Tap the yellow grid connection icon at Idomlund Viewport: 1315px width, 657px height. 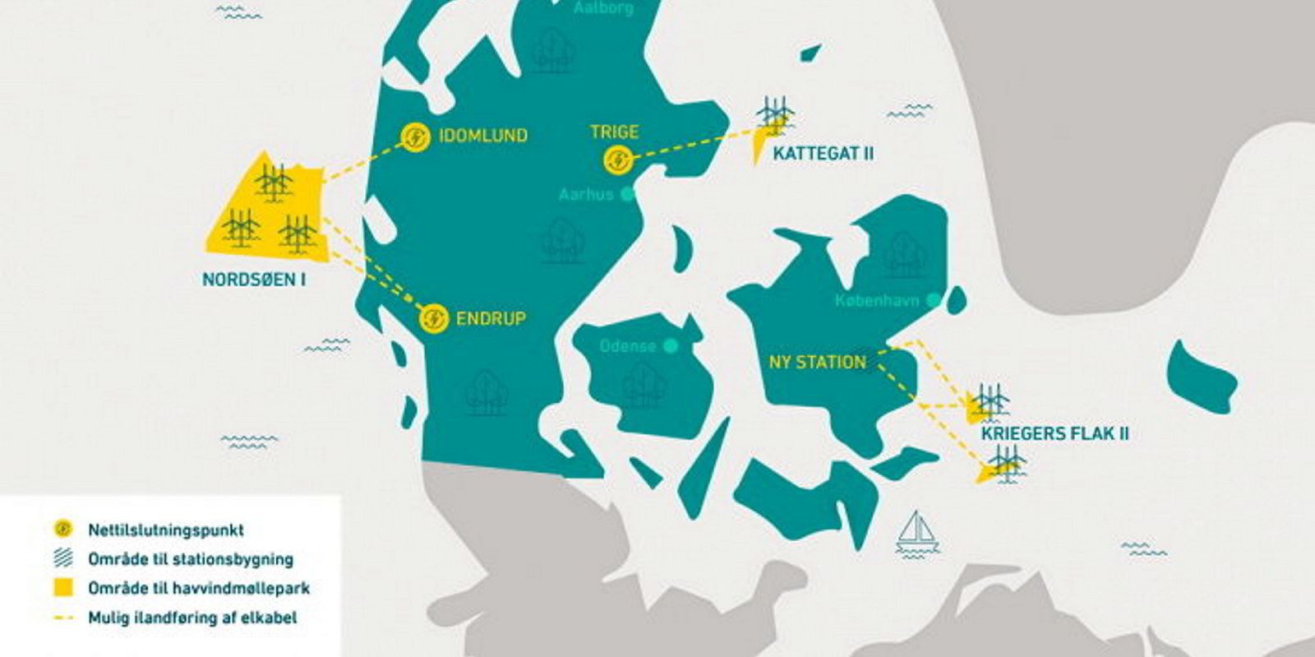tap(415, 137)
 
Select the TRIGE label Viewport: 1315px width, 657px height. tap(614, 132)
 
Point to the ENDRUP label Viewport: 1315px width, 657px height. tap(490, 318)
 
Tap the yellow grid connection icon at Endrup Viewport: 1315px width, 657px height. tap(433, 318)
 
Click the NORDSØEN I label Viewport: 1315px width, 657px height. tap(254, 280)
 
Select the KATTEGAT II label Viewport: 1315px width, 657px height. tap(824, 154)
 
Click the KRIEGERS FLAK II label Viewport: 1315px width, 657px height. tap(1054, 433)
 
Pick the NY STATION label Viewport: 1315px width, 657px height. tap(817, 362)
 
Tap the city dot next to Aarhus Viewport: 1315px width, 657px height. tap(627, 195)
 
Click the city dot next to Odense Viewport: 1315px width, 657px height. tap(671, 346)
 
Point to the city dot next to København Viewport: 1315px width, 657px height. tap(933, 300)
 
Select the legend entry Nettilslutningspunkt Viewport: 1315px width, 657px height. tap(165, 530)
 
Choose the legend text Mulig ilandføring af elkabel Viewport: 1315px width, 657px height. tap(192, 617)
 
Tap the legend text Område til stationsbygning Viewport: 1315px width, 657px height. tap(190, 559)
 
